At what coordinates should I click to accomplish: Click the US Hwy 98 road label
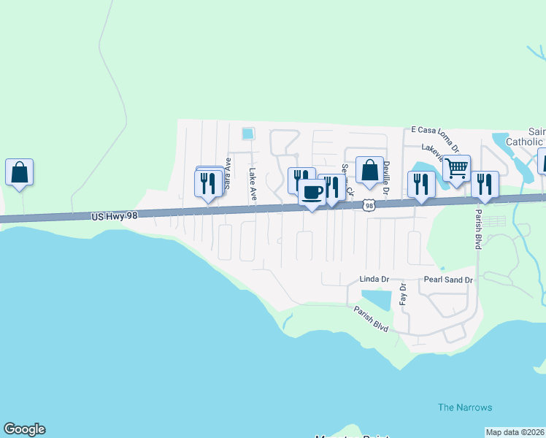[115, 216]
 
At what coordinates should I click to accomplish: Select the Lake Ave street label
[253, 185]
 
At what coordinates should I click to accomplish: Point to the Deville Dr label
[387, 177]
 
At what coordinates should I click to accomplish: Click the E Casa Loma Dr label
[437, 128]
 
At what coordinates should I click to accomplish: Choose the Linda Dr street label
[374, 280]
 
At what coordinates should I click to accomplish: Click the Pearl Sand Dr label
[449, 280]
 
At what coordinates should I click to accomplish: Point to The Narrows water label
[465, 407]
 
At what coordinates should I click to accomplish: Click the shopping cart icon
[456, 168]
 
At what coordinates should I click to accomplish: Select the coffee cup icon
[312, 193]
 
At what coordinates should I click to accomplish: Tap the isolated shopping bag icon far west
[20, 172]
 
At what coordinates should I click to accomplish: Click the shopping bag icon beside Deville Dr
[369, 170]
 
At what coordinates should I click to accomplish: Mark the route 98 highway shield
[370, 206]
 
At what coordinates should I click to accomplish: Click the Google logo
[24, 429]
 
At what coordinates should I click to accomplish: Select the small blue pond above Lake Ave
[248, 134]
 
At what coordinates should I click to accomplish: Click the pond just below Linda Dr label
[376, 299]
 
